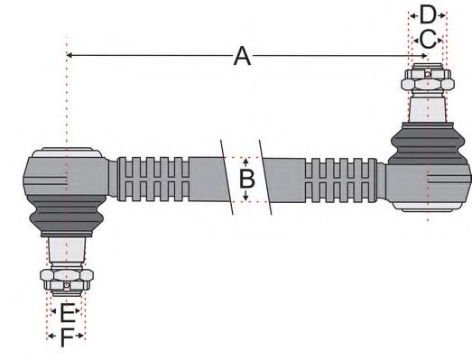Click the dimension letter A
click(241, 57)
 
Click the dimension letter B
click(246, 177)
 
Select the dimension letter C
click(428, 39)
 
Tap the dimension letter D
click(428, 14)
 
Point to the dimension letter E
click(66, 314)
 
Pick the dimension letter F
click(66, 338)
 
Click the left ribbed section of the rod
click(153, 177)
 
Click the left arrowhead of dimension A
click(73, 57)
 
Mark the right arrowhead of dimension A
click(421, 57)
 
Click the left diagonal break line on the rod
click(227, 177)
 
